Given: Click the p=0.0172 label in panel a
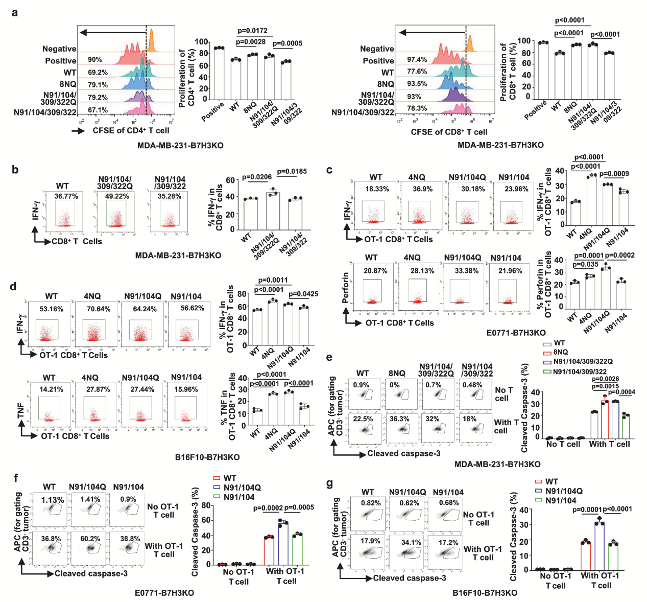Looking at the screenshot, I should (252, 31).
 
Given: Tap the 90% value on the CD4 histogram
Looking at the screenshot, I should (95, 60).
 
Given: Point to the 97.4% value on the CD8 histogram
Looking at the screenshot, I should (417, 60).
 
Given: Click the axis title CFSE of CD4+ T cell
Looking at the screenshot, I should (131, 131).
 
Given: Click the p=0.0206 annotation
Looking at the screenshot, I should (257, 177).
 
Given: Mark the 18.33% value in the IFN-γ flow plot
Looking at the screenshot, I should (377, 189).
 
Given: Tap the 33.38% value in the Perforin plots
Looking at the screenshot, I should (466, 271).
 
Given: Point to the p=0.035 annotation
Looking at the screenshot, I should (586, 265).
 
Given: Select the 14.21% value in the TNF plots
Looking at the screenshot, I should (51, 389).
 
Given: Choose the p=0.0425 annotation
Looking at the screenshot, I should (303, 294).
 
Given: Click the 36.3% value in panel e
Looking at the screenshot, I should (399, 419).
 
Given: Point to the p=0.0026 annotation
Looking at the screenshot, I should (605, 379).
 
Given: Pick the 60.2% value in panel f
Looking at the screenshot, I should (90, 539).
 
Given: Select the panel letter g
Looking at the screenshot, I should (329, 483).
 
